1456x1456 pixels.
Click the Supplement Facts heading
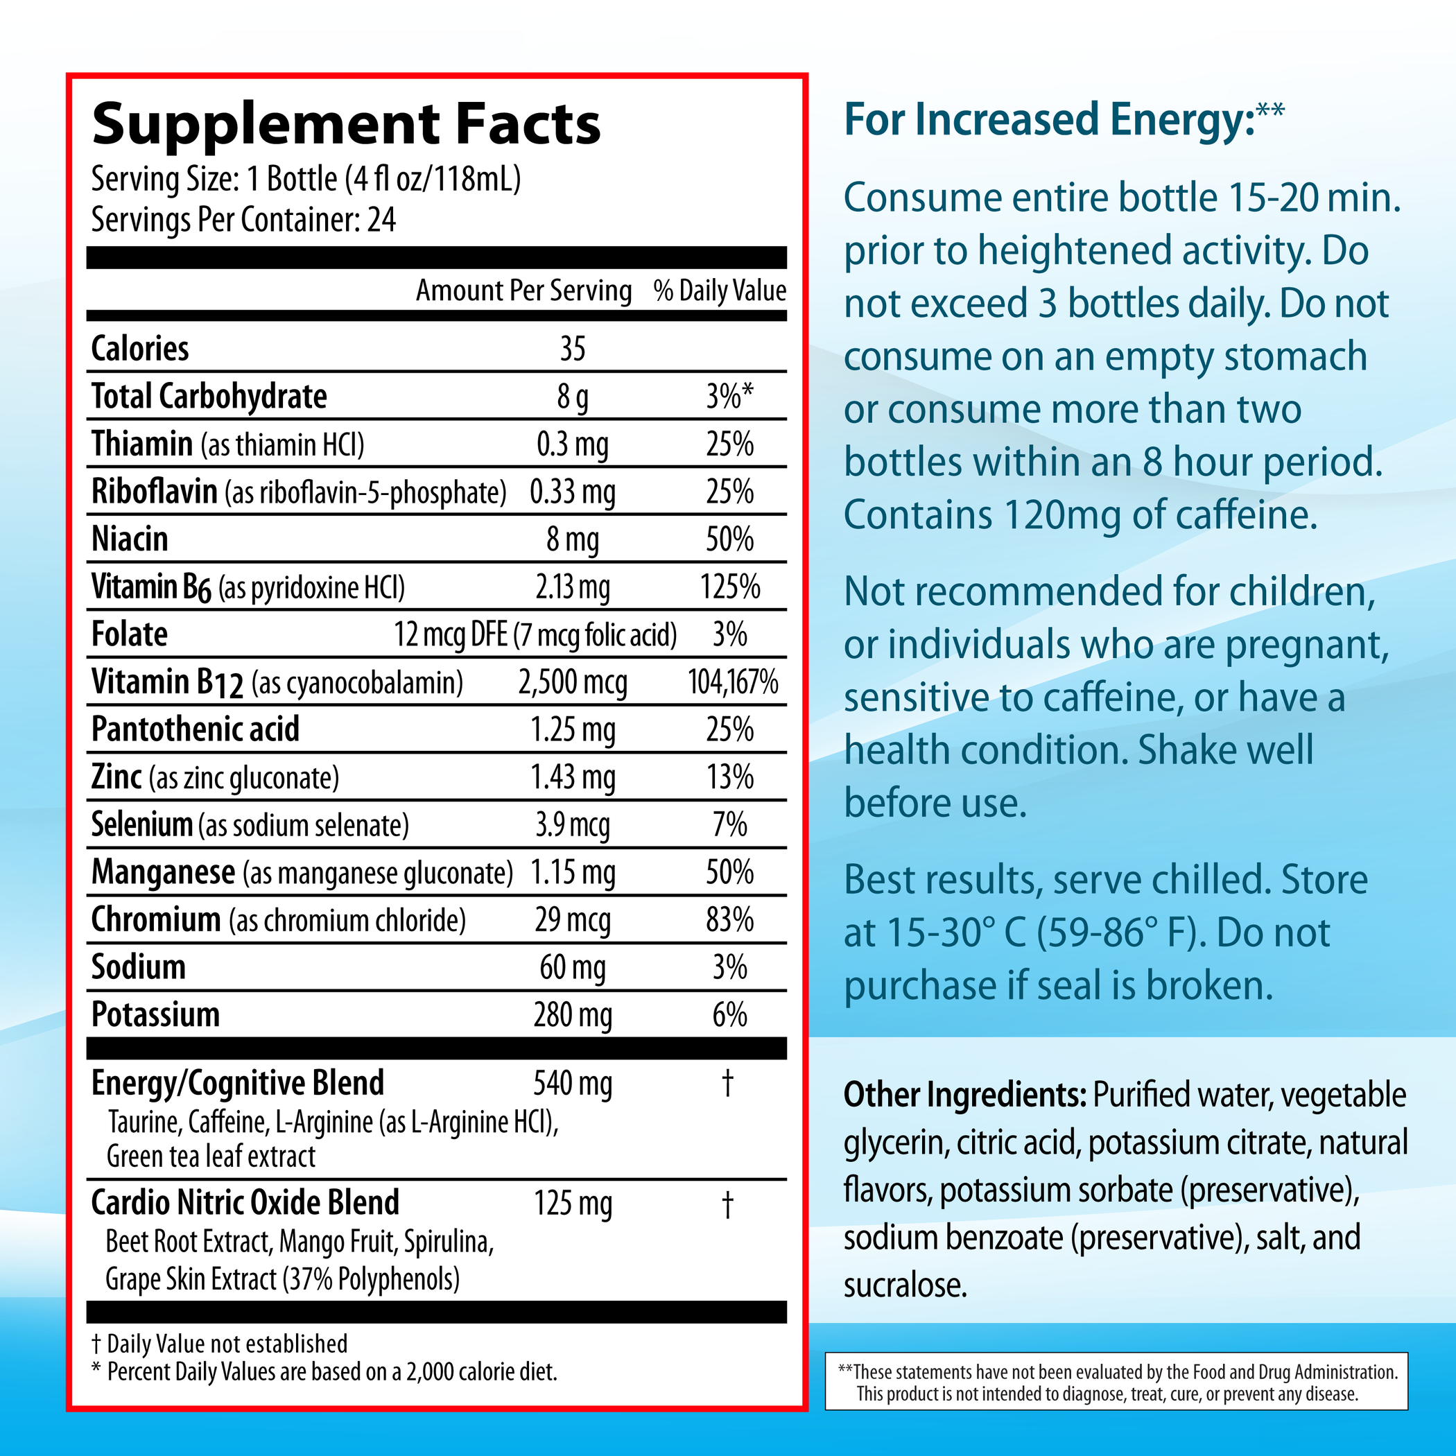[x=346, y=124]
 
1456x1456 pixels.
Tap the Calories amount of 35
[x=572, y=349]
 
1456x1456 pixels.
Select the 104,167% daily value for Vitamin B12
[x=733, y=682]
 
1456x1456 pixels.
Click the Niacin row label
[x=130, y=539]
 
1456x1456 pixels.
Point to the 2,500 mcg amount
[x=572, y=683]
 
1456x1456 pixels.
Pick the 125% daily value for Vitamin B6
[x=729, y=587]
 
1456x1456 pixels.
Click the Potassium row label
[x=155, y=1014]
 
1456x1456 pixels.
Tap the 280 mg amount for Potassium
[x=572, y=1015]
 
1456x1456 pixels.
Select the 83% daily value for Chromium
[x=729, y=920]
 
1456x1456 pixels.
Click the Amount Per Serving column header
[x=523, y=291]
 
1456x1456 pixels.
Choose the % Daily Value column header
[x=720, y=291]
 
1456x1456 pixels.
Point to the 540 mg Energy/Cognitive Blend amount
[x=572, y=1084]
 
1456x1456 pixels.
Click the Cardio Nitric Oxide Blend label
[x=245, y=1203]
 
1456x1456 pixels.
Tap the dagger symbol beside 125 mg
[x=727, y=1204]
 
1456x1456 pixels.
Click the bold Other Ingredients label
[x=964, y=1095]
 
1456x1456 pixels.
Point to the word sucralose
[x=904, y=1285]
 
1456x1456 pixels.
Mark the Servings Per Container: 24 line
[x=243, y=220]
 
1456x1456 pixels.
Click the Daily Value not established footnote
[x=219, y=1344]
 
